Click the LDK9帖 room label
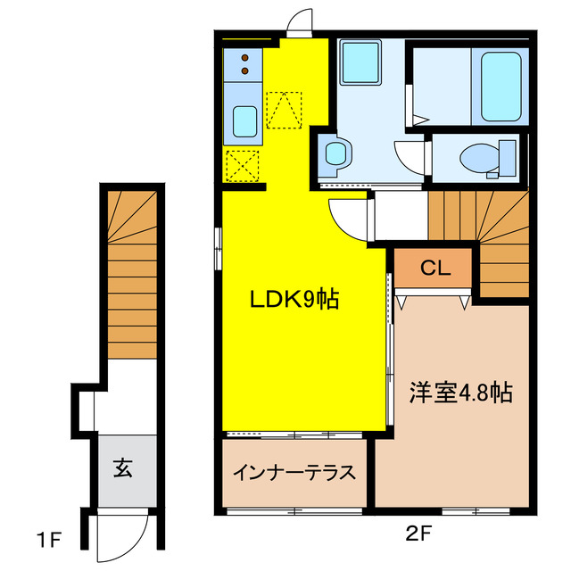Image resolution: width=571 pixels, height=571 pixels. point(294,300)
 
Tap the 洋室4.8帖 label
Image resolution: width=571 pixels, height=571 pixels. point(461,393)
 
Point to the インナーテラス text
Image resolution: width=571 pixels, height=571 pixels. point(294,472)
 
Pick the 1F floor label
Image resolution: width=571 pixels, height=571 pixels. point(48,540)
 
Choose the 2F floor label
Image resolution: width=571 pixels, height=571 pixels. point(418,534)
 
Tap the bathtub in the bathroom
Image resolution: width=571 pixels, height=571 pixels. point(501,87)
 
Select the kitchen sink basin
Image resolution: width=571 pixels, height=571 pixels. point(244,121)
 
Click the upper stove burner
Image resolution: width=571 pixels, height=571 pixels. point(245,57)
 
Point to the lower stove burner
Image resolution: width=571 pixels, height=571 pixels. point(245,70)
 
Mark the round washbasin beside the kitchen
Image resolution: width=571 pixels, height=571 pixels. point(335,153)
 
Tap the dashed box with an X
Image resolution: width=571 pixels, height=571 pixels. point(243,166)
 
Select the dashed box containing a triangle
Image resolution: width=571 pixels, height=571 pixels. point(284,110)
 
